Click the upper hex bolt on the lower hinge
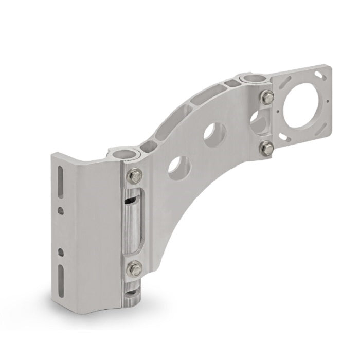135,176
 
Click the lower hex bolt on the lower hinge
135,268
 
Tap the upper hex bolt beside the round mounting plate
267,96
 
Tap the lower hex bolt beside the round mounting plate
266,149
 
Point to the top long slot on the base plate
60,183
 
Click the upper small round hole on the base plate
61,210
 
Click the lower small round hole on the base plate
61,251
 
